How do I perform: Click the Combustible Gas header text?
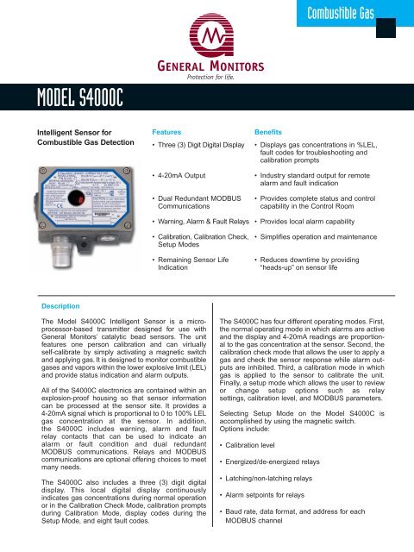point(354,13)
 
